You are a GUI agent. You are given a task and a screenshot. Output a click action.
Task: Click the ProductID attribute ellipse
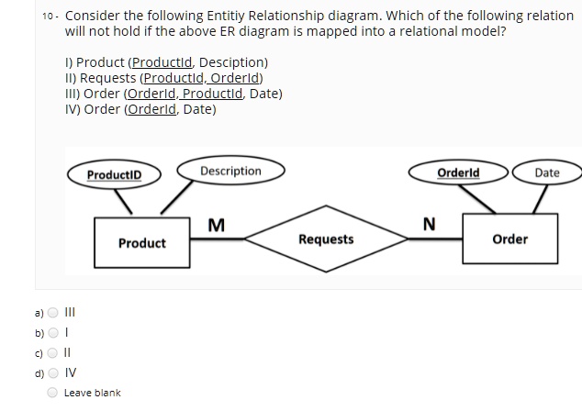[x=115, y=174]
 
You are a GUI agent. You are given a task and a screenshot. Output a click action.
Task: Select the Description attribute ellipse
[x=230, y=172]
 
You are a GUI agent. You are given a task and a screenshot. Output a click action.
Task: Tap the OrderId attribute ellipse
[x=471, y=172]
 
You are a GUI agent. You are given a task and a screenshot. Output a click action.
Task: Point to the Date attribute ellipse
[x=546, y=172]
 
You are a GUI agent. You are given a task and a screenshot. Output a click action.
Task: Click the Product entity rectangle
[x=141, y=242]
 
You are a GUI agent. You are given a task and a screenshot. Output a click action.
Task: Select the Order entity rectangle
[x=509, y=239]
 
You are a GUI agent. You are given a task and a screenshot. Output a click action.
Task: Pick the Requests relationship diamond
[x=326, y=239]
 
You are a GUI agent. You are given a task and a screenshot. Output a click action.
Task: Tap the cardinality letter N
[x=428, y=225]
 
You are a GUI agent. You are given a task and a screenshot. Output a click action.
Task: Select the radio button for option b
[x=52, y=334]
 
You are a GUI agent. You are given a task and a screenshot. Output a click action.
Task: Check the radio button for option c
[x=52, y=352]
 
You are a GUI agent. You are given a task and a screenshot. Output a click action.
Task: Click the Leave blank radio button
[x=52, y=392]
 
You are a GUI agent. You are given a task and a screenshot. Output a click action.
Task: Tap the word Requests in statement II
[x=104, y=78]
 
